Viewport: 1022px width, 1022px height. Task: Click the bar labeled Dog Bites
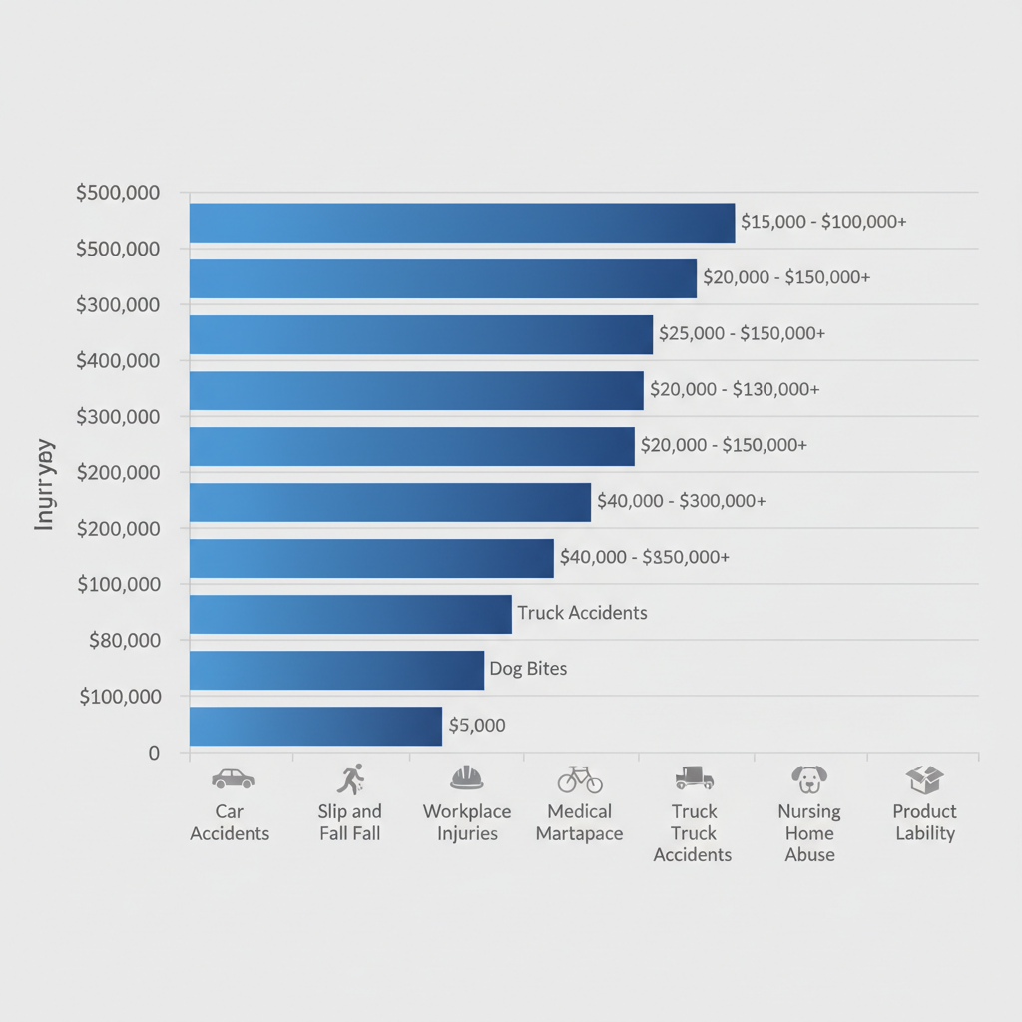click(336, 670)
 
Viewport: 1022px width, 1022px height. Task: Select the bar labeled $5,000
click(315, 726)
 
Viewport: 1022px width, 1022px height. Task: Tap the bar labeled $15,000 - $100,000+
click(462, 223)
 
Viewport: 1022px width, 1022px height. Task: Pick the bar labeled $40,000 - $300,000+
click(390, 502)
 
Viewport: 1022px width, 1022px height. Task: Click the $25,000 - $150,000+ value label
click(742, 333)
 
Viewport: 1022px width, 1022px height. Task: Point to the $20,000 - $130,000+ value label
click(735, 389)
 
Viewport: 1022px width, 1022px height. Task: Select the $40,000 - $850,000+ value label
click(645, 557)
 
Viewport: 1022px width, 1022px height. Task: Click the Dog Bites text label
click(528, 669)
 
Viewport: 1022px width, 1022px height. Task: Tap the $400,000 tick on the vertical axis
click(118, 359)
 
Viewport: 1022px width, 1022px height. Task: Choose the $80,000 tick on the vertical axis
click(125, 639)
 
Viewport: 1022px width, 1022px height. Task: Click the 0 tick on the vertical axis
click(154, 753)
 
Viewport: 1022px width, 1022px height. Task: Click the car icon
click(233, 778)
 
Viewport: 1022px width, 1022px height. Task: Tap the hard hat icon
click(466, 777)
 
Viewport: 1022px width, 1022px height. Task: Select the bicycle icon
click(580, 778)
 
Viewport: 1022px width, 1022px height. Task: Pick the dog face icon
click(809, 778)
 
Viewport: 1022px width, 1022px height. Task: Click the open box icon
click(925, 778)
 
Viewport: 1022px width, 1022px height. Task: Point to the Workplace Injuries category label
click(467, 822)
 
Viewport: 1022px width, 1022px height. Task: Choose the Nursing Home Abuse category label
click(809, 832)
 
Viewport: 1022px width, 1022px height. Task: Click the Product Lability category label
click(925, 822)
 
